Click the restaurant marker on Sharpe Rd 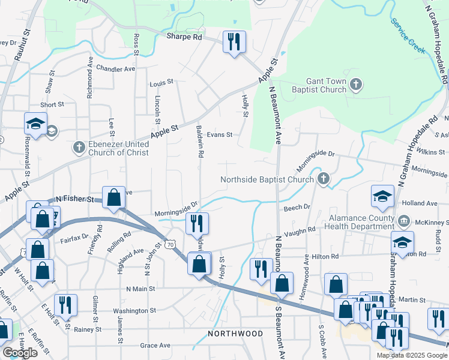click(x=232, y=42)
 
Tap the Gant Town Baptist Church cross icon click(x=356, y=84)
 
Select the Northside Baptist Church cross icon click(x=324, y=179)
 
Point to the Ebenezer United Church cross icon click(x=79, y=147)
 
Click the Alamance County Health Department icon click(x=404, y=221)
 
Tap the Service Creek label click(x=408, y=35)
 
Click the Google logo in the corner click(x=20, y=353)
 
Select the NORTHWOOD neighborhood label click(x=235, y=333)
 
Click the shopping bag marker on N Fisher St click(x=113, y=197)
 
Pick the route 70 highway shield click(x=171, y=244)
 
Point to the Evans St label click(x=219, y=135)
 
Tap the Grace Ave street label click(x=155, y=345)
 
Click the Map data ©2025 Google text click(x=412, y=355)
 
